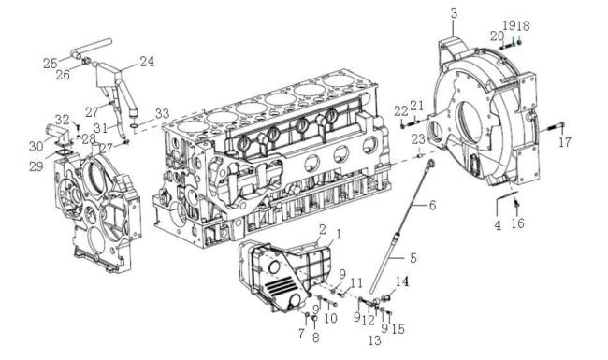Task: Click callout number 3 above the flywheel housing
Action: pyautogui.click(x=454, y=14)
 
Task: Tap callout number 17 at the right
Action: pyautogui.click(x=565, y=142)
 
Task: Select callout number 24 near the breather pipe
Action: pyautogui.click(x=147, y=61)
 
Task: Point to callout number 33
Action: pyautogui.click(x=162, y=113)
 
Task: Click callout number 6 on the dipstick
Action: pyautogui.click(x=432, y=205)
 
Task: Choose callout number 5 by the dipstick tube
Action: pyautogui.click(x=413, y=258)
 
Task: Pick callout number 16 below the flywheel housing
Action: pyautogui.click(x=517, y=223)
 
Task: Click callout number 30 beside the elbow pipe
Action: pyautogui.click(x=36, y=146)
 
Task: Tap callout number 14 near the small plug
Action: pyautogui.click(x=401, y=281)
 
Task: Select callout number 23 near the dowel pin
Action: pyautogui.click(x=418, y=138)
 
